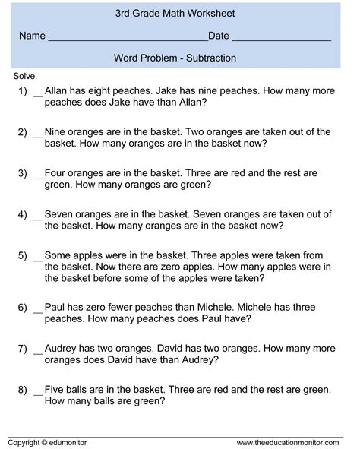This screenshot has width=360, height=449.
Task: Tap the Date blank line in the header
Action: pyautogui.click(x=280, y=38)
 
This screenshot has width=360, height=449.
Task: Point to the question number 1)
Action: pyautogui.click(x=22, y=90)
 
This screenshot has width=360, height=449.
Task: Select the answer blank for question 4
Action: pyautogui.click(x=37, y=215)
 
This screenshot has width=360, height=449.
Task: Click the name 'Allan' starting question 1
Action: pyautogui.click(x=58, y=90)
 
